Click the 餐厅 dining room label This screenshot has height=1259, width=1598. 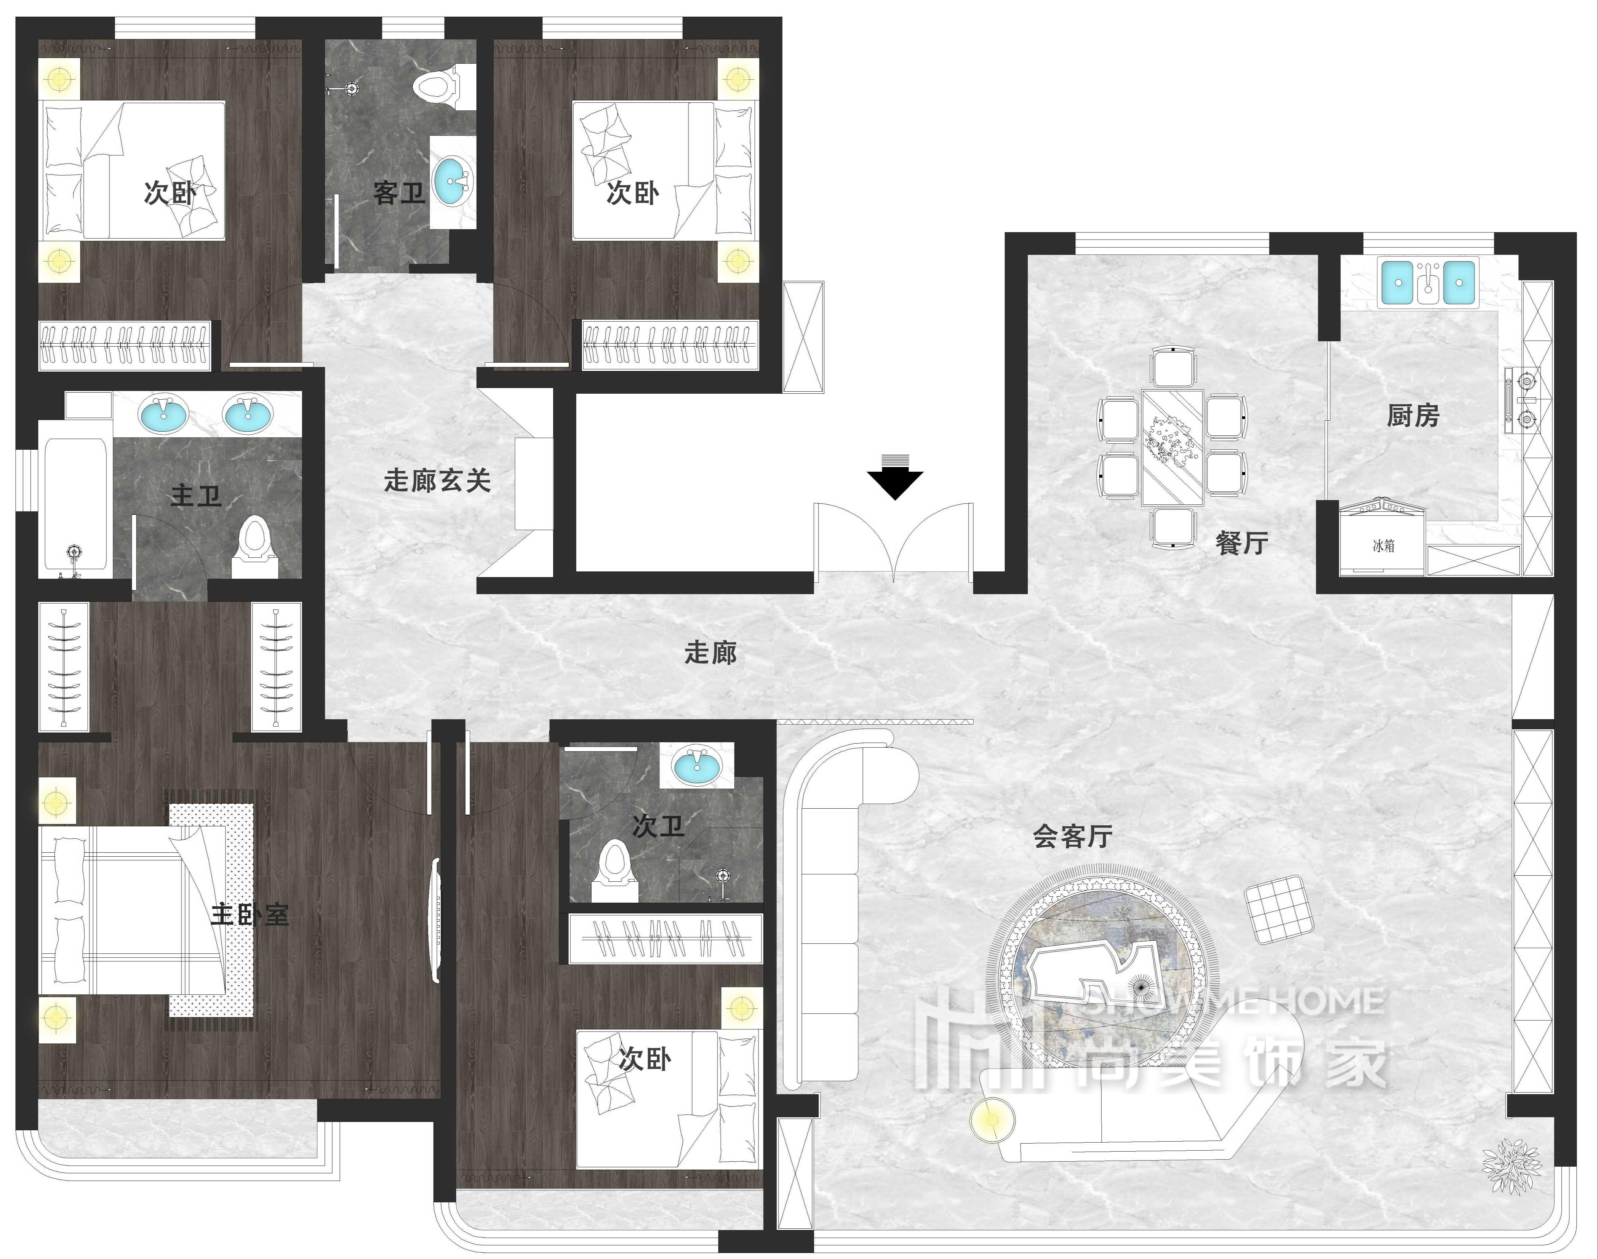pyautogui.click(x=1242, y=543)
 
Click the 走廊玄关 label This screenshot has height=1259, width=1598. pyautogui.click(x=437, y=481)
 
